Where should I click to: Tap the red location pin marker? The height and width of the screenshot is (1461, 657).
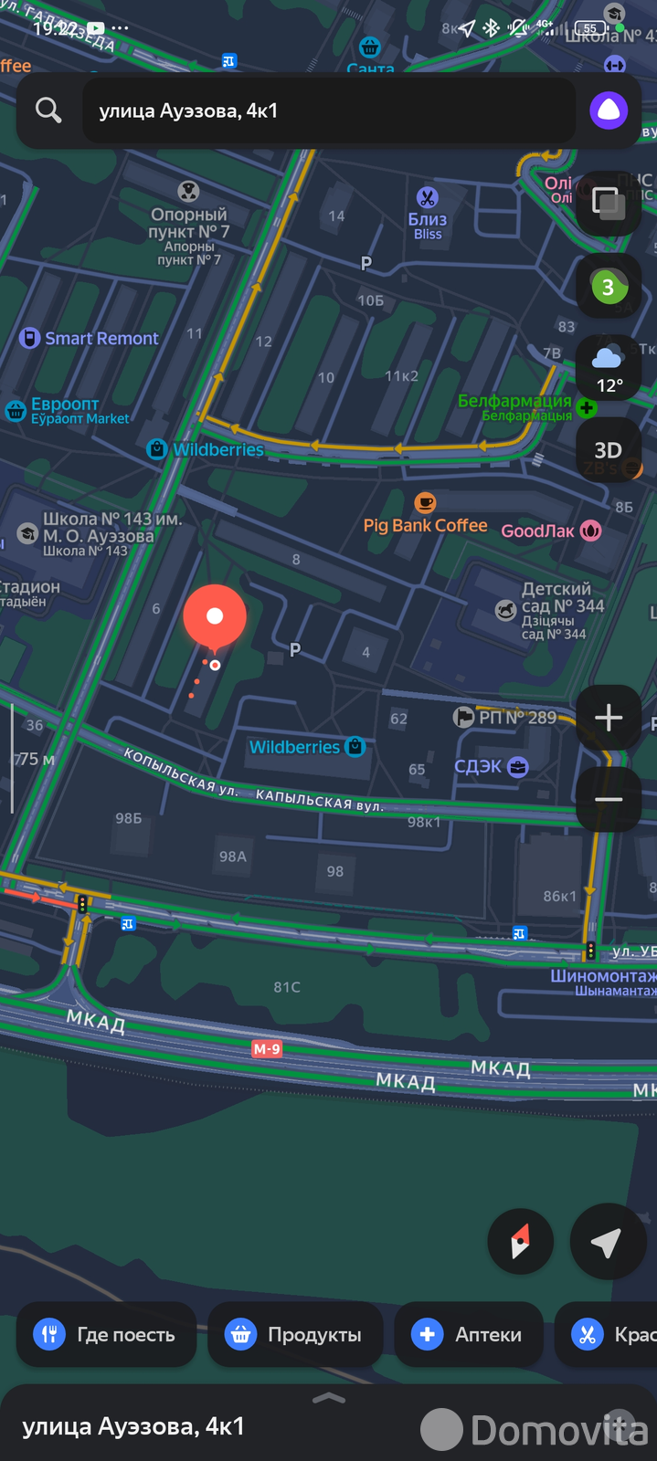click(215, 617)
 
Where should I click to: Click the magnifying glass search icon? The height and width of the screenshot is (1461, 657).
click(48, 110)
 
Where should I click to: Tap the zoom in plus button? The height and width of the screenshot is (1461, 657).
click(609, 718)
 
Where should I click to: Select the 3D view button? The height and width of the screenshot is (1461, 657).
click(609, 449)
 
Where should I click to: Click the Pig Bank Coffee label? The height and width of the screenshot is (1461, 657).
click(426, 525)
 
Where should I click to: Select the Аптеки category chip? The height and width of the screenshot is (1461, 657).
click(468, 1334)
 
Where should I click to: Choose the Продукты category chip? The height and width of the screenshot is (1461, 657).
click(295, 1334)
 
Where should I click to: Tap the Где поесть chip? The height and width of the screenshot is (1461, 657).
click(105, 1334)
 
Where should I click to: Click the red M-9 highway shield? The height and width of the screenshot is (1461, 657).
click(267, 1049)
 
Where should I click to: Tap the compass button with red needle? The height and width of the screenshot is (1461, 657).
click(521, 1242)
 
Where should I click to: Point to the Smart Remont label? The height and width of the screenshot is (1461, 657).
click(101, 339)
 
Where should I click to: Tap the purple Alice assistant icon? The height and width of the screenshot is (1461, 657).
click(609, 111)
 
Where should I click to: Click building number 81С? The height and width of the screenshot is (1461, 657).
click(287, 987)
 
